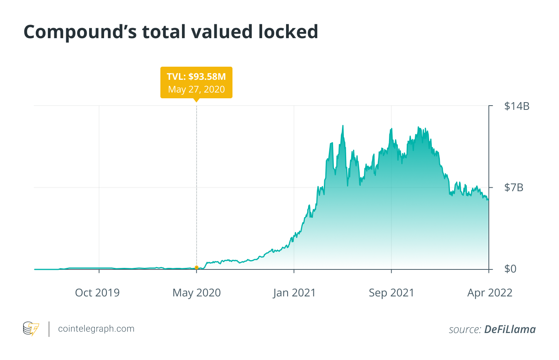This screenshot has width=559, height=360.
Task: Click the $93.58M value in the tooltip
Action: (207, 76)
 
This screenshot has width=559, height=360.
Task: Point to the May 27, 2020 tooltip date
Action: (196, 89)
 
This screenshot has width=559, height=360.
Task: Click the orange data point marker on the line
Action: (197, 267)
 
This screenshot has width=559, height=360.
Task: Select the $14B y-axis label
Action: (517, 106)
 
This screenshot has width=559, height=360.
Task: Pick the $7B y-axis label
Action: (514, 188)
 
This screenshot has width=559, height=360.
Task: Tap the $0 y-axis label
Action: (510, 269)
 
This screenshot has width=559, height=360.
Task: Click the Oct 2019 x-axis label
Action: (97, 293)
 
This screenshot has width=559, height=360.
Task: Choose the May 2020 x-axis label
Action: (197, 293)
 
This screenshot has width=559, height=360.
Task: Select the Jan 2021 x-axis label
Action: (294, 293)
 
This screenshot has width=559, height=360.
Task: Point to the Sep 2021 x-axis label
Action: (391, 293)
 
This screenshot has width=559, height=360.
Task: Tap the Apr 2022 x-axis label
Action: (490, 293)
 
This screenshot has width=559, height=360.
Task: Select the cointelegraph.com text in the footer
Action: (96, 329)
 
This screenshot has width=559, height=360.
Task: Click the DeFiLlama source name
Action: (510, 330)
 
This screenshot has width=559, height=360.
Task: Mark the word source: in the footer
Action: (465, 330)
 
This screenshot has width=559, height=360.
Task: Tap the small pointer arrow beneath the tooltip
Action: (197, 100)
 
